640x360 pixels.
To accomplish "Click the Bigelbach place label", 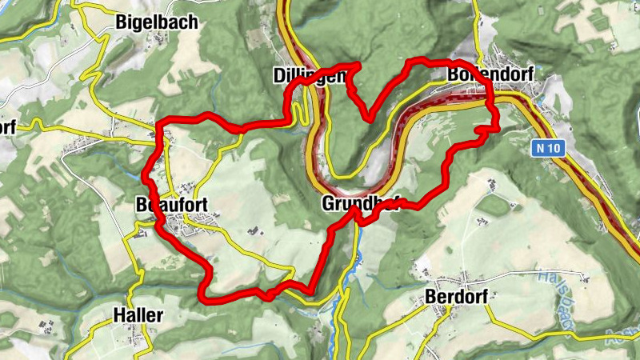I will tap(156, 22).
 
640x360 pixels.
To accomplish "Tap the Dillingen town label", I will tap(308, 76).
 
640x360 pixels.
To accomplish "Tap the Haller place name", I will tap(138, 314).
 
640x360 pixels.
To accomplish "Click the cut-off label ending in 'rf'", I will tap(7, 127).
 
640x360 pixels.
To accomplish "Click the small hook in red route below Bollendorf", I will tap(482, 129).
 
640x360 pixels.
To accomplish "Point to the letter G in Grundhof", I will tap(328, 203).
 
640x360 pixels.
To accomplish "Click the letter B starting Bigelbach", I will tap(121, 22).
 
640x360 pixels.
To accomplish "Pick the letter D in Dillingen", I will tap(277, 76).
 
